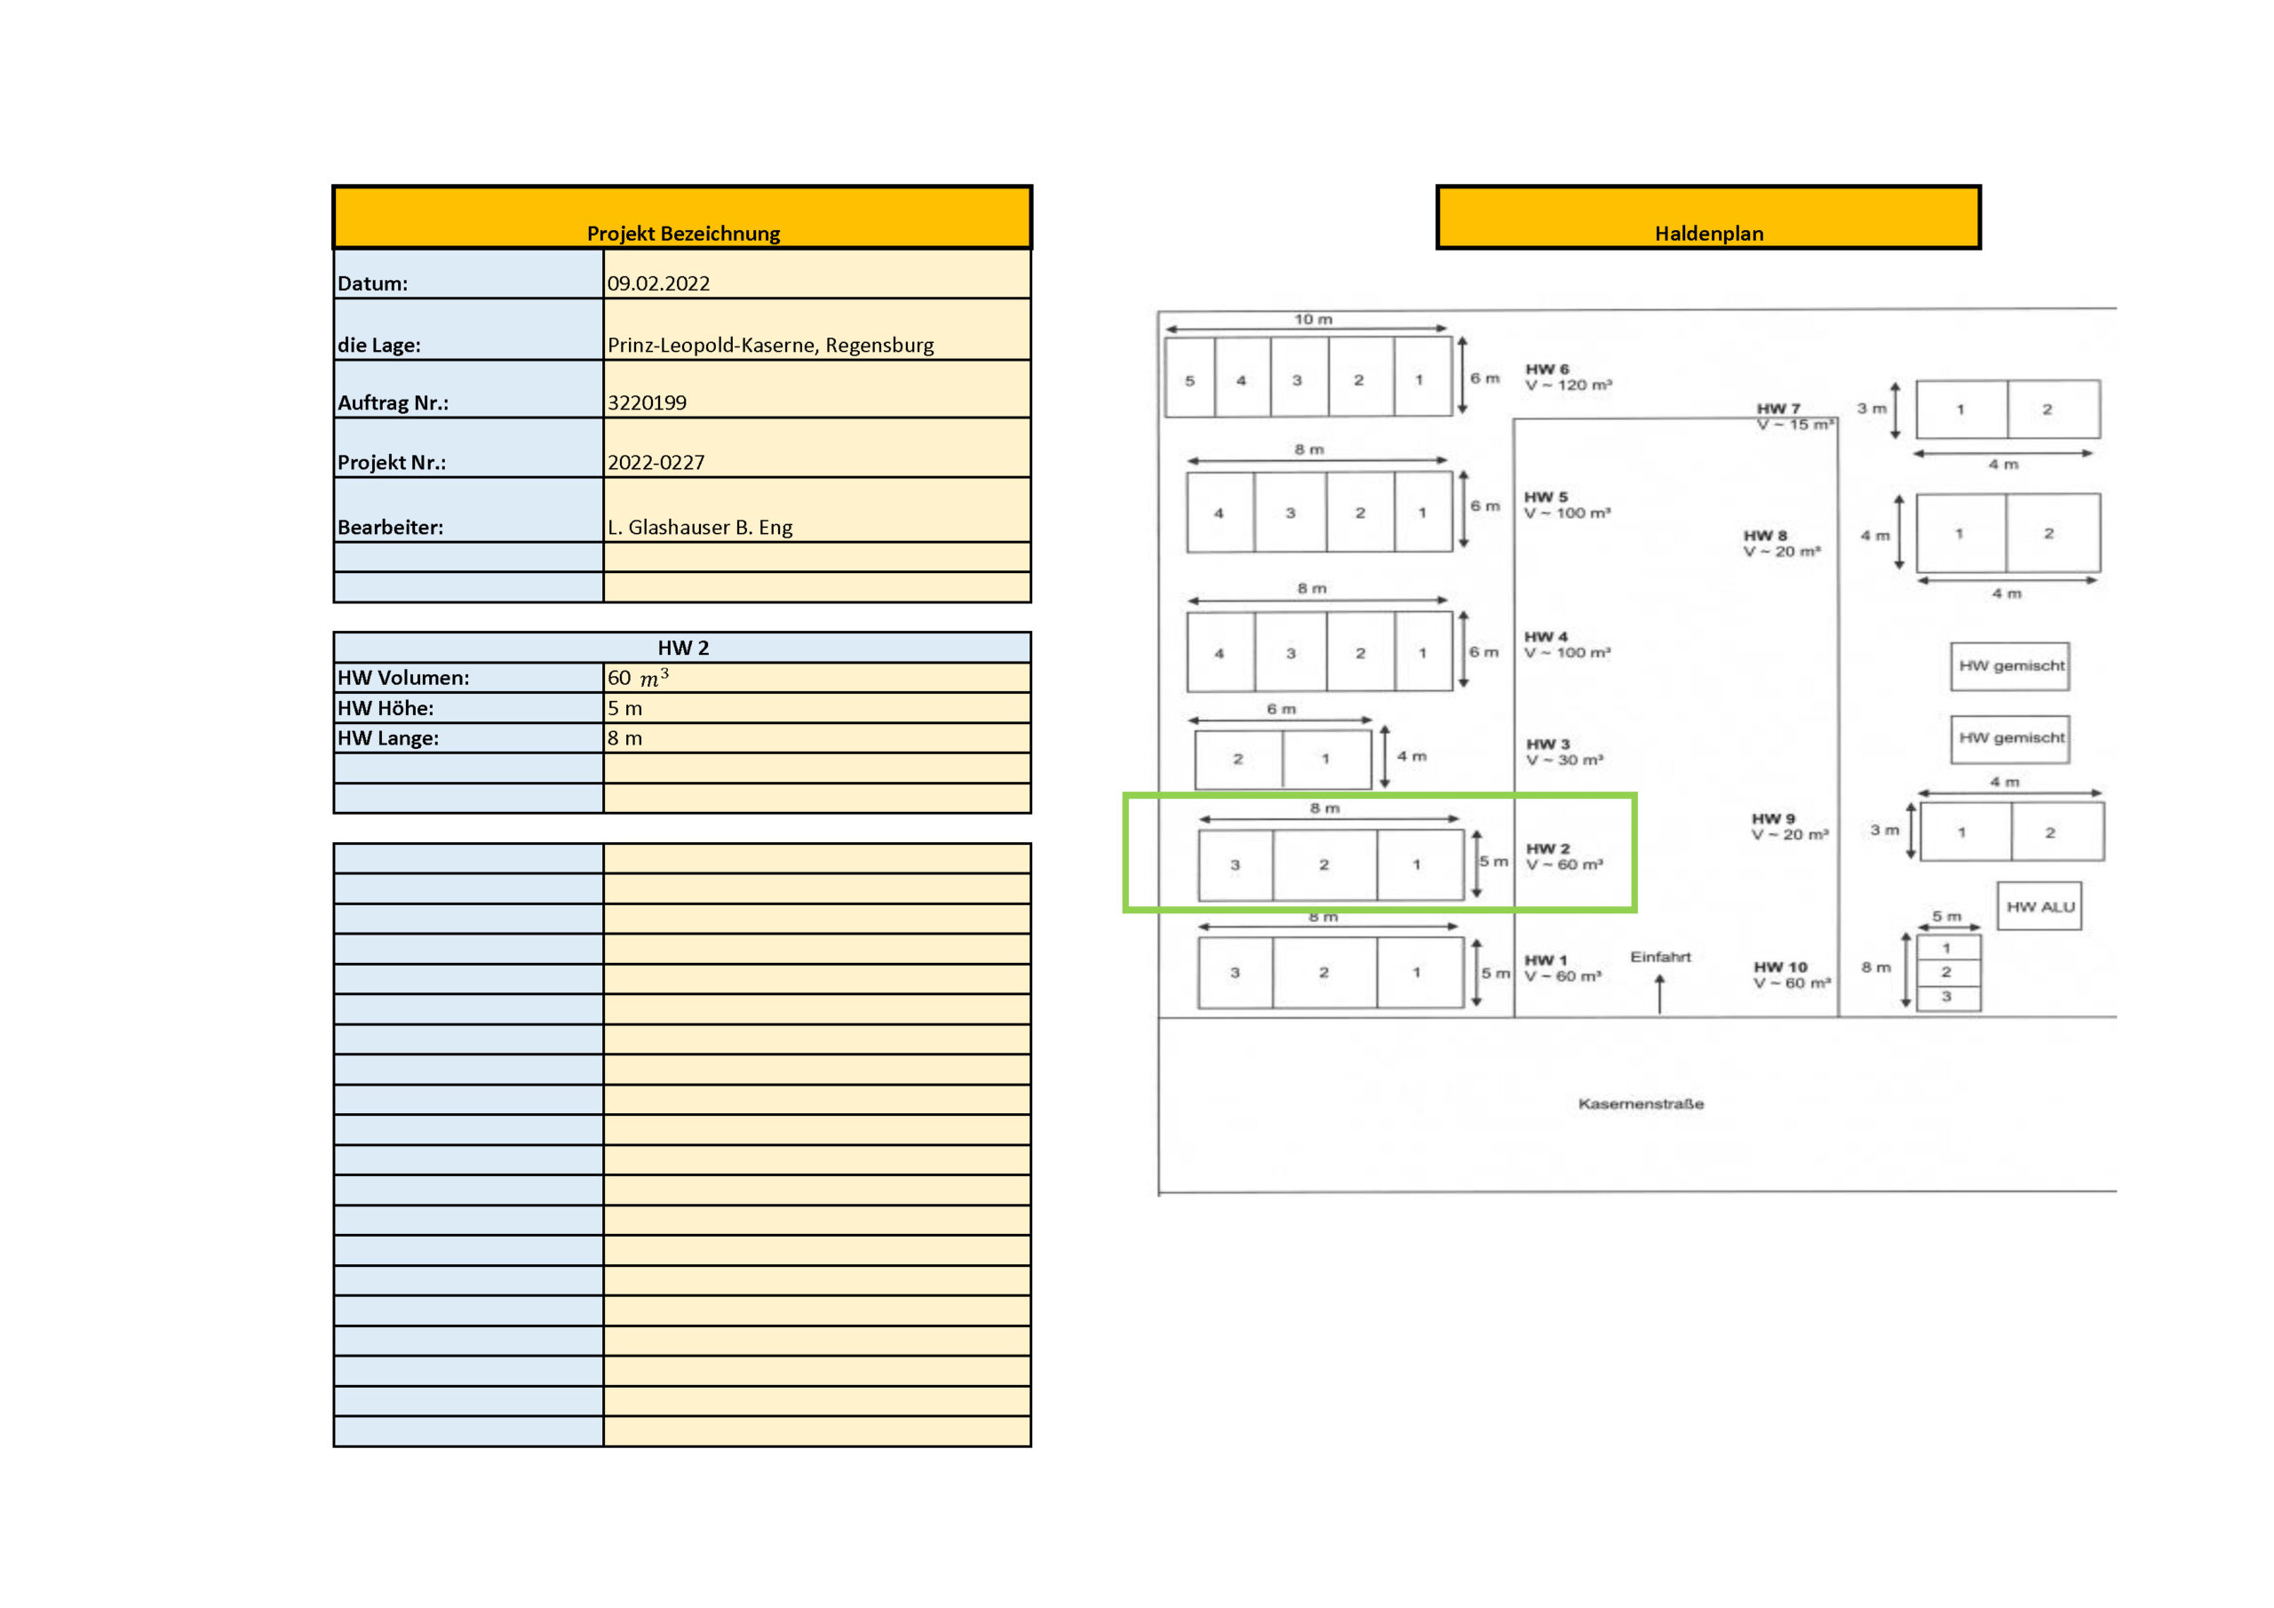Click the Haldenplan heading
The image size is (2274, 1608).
click(x=1708, y=234)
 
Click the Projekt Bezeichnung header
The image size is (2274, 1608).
click(x=683, y=234)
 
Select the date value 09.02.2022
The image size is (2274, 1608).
click(x=658, y=283)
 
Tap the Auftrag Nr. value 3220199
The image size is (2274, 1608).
click(x=647, y=402)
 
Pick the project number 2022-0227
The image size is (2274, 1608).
click(x=656, y=463)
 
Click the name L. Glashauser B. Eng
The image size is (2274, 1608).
click(x=700, y=527)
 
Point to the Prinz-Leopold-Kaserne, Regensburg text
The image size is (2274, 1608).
click(x=770, y=345)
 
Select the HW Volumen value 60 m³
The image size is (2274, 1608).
click(x=638, y=678)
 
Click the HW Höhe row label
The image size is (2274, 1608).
click(x=386, y=708)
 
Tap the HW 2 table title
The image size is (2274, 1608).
click(x=683, y=648)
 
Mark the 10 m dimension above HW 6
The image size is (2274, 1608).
click(x=1313, y=319)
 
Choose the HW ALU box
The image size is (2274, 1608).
click(x=2039, y=906)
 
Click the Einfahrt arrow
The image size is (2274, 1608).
click(x=1660, y=994)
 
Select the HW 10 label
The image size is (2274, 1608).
click(x=1780, y=967)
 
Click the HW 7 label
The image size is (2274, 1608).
click(x=1777, y=408)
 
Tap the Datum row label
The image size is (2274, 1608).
click(x=372, y=283)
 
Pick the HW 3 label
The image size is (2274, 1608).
click(x=1548, y=744)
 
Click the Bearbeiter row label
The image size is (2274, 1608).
click(x=390, y=527)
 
